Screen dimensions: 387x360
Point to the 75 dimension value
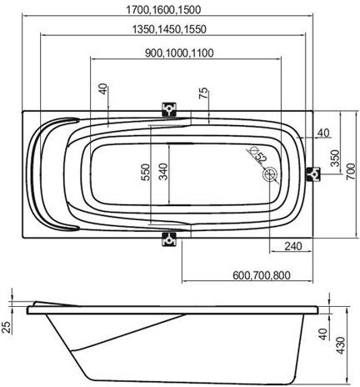point(203,93)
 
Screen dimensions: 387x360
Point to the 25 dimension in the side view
point(7,328)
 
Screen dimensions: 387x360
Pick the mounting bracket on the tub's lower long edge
point(169,238)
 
